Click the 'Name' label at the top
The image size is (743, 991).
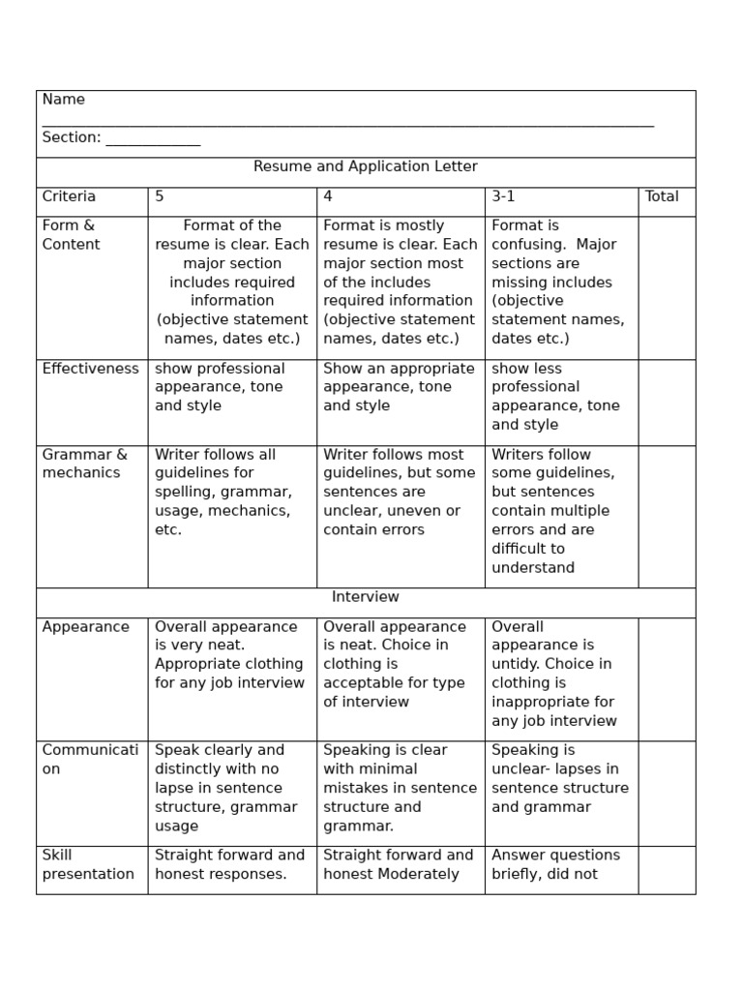pos(64,100)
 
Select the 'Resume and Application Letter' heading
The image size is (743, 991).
pos(366,166)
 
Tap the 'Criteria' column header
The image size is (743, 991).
pos(69,196)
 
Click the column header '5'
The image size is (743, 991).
pos(160,196)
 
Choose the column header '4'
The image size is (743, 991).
pos(328,196)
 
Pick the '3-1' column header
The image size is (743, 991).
pos(503,196)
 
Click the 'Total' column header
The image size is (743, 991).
pos(662,196)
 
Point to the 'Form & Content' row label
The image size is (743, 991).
pos(71,235)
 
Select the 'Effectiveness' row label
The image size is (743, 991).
pos(91,369)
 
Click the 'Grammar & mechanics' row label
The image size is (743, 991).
pos(84,464)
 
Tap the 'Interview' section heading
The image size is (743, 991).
pos(366,597)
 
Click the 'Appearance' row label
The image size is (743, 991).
pos(85,627)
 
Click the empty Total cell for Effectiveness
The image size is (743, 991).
pos(667,402)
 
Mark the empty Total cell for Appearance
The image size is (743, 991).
pos(667,678)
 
